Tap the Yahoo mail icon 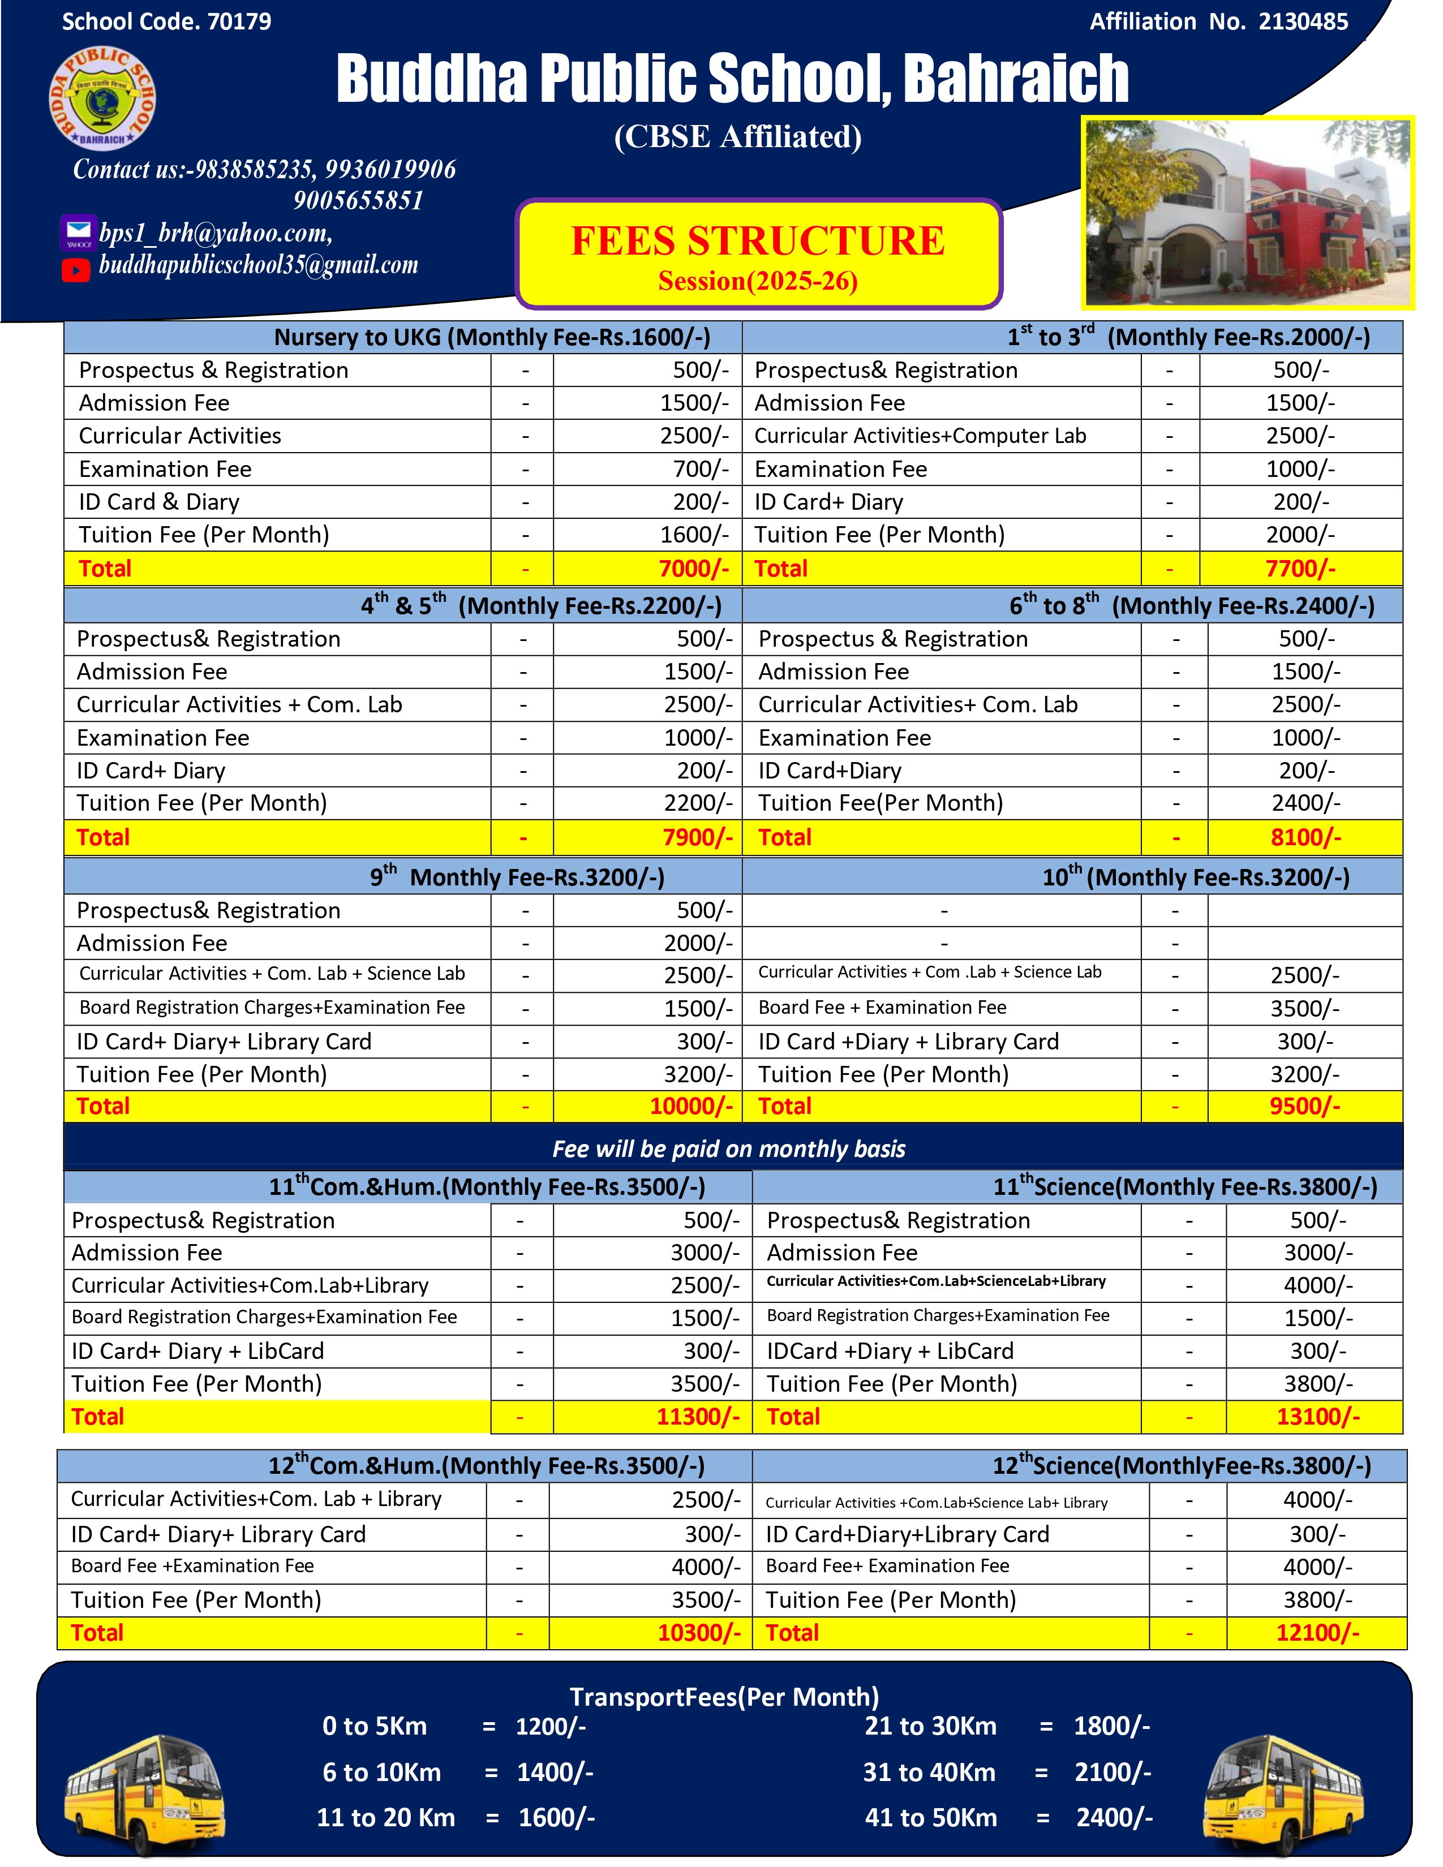(78, 233)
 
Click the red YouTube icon (76, 270)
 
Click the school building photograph (1247, 212)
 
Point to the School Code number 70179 (239, 21)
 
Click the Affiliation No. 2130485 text (1218, 21)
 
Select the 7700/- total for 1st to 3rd (1300, 569)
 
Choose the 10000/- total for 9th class (691, 1106)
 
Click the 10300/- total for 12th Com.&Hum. (698, 1633)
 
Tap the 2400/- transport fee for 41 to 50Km (1114, 1817)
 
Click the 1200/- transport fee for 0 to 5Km (551, 1726)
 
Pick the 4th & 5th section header (540, 605)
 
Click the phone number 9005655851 (358, 201)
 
